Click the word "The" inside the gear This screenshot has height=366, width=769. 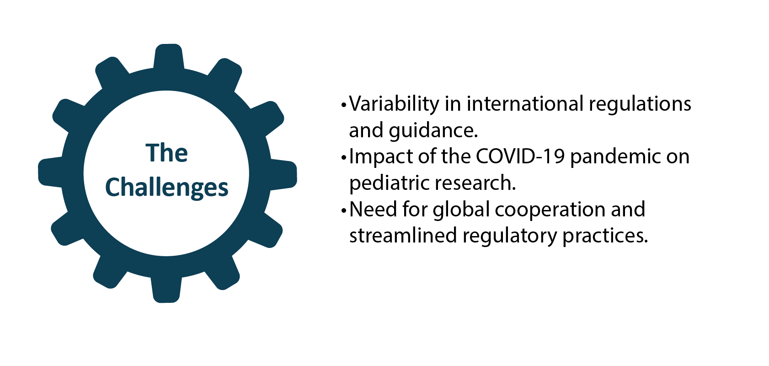tap(166, 153)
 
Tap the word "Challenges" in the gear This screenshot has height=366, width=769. tap(166, 188)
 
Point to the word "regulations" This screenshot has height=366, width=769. tap(640, 105)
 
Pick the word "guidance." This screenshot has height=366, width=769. tap(433, 131)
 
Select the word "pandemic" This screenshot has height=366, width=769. tap(615, 157)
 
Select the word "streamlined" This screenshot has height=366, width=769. tap(403, 236)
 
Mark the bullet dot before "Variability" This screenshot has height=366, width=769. tap(344, 105)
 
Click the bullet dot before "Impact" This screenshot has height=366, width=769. tap(344, 158)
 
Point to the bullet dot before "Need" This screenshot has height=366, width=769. tap(344, 211)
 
